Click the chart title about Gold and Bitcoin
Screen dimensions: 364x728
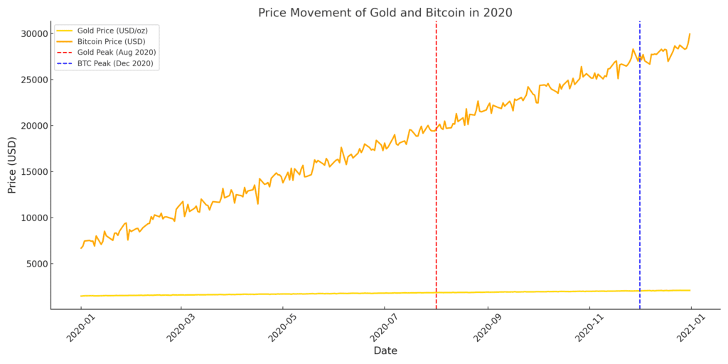point(385,12)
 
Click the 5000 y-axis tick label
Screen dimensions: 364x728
point(35,264)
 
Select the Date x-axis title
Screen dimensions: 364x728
point(385,351)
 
